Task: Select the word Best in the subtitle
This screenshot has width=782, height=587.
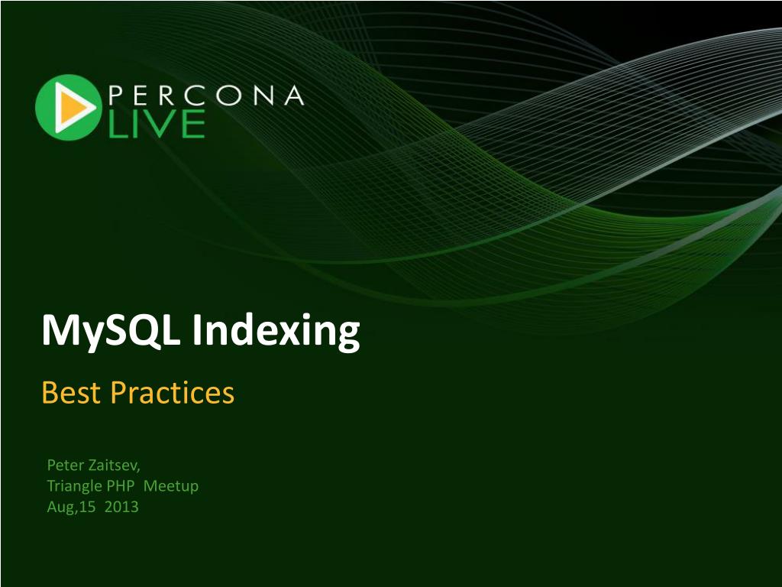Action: click(71, 392)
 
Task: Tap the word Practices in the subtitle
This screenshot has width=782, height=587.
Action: click(172, 392)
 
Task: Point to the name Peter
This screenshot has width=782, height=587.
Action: click(66, 465)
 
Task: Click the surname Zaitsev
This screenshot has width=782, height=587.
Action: click(115, 465)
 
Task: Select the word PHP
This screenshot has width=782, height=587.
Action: click(121, 485)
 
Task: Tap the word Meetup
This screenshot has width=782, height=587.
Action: click(171, 486)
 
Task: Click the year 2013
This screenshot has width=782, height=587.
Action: click(121, 508)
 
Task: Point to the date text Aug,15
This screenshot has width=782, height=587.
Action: click(71, 508)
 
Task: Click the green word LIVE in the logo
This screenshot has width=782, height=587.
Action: click(157, 123)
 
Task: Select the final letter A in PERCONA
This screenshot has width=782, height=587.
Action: click(294, 95)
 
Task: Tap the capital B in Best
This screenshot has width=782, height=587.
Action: click(50, 392)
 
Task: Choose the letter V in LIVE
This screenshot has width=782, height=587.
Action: click(160, 123)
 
